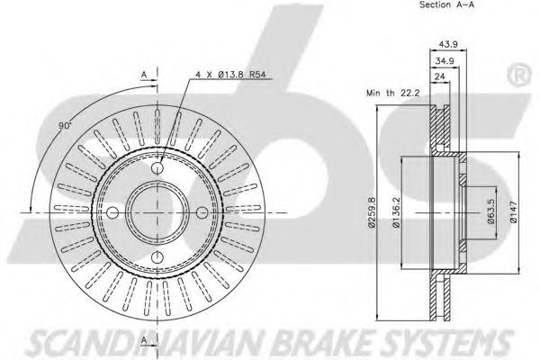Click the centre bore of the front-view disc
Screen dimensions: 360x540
158,217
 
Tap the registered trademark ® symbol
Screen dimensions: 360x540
519,71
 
